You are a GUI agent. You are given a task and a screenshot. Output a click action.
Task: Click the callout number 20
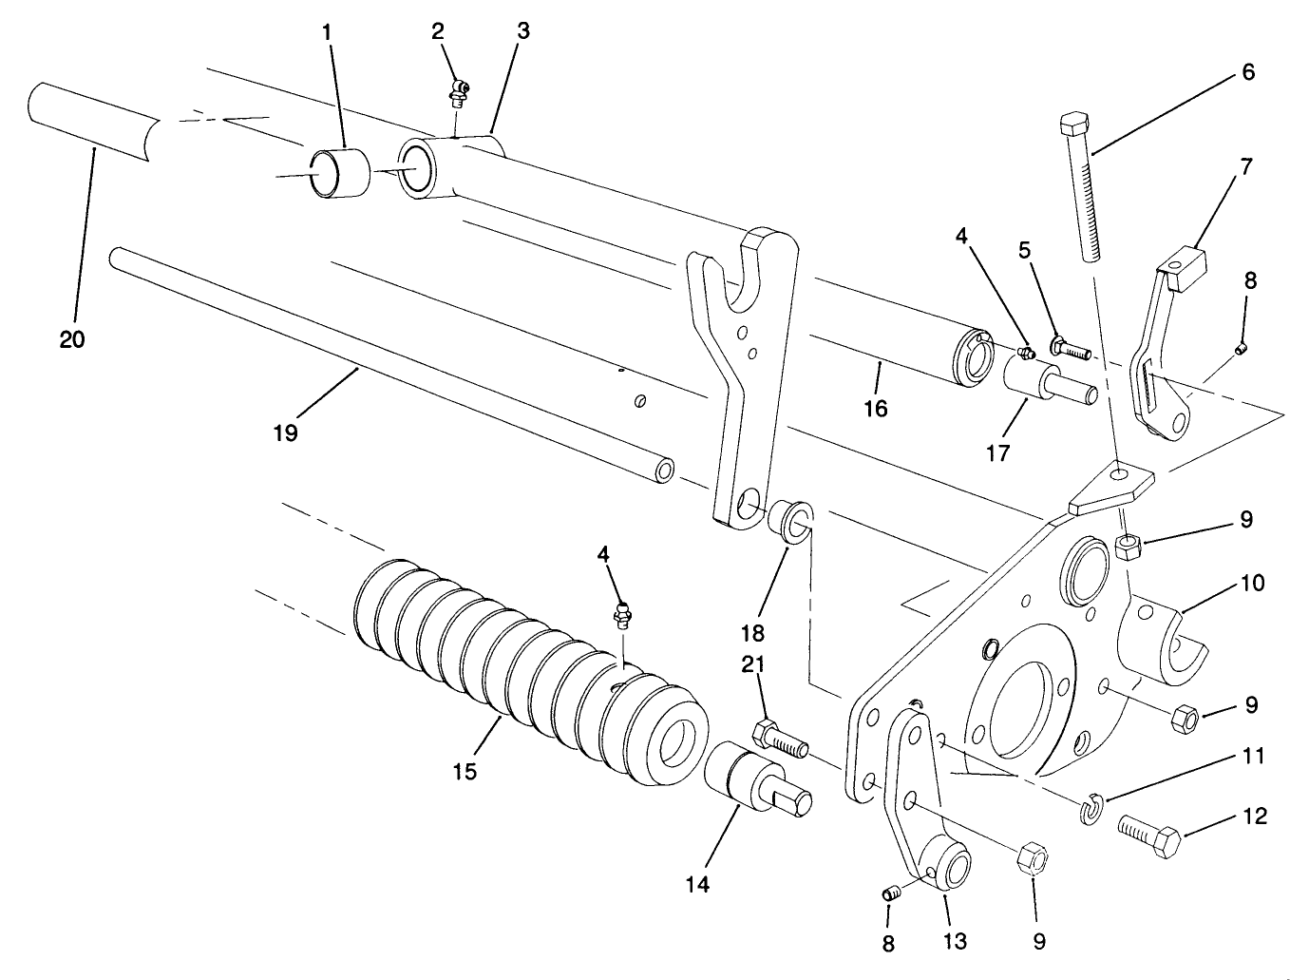pos(72,338)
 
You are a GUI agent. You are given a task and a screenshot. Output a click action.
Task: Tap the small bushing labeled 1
pos(339,173)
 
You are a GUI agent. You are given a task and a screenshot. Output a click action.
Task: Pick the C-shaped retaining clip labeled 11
pos(1091,810)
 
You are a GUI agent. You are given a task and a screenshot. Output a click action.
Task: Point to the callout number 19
pos(285,432)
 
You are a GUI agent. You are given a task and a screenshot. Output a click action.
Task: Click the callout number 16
pos(875,408)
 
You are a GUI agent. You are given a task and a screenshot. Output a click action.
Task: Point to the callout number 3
pos(523,30)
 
